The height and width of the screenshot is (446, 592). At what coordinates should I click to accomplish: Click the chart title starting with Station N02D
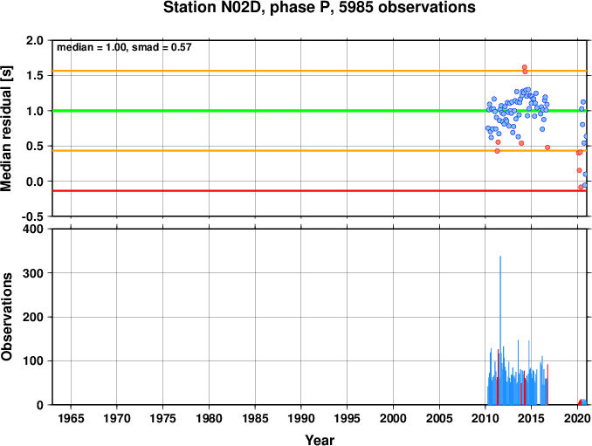tap(319, 7)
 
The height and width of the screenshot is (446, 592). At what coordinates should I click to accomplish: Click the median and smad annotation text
tap(124, 47)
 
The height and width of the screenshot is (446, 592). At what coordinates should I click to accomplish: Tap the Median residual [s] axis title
tap(6, 128)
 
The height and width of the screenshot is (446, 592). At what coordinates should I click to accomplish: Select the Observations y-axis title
tap(6, 317)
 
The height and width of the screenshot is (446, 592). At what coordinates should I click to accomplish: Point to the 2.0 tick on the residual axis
tap(35, 40)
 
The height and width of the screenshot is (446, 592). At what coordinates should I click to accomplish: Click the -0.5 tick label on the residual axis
tap(32, 216)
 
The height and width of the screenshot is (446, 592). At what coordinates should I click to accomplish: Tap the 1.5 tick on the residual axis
tap(35, 75)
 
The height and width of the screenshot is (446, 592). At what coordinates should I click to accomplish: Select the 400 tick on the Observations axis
tap(33, 229)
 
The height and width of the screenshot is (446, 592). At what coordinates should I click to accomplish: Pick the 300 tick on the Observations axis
tap(33, 273)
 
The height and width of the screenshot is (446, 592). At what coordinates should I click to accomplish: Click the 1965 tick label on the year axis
tap(71, 418)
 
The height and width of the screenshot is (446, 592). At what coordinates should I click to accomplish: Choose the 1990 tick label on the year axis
tap(301, 418)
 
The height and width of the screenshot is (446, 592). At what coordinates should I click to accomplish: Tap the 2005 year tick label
tap(439, 418)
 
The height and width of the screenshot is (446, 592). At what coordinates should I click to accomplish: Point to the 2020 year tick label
tap(578, 418)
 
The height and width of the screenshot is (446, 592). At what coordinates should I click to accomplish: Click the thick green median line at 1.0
tap(320, 111)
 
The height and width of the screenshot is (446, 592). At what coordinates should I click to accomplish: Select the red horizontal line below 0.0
tap(320, 191)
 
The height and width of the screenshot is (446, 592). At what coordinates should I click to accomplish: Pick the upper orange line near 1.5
tap(320, 71)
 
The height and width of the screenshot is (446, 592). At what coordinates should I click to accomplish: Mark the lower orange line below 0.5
tap(320, 150)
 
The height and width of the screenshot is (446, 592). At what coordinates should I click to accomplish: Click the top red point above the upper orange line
tap(525, 67)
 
